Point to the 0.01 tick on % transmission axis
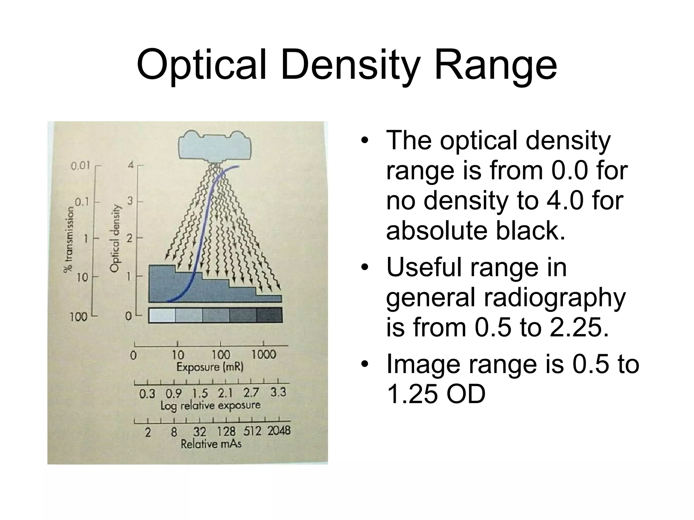click(x=81, y=166)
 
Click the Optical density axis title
click(x=116, y=238)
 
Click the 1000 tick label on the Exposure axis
click(x=264, y=355)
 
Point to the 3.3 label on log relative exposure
click(x=278, y=392)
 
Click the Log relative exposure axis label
click(x=210, y=406)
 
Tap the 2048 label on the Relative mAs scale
click(x=279, y=431)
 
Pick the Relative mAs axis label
click(x=211, y=444)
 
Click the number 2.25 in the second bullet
click(x=579, y=327)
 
